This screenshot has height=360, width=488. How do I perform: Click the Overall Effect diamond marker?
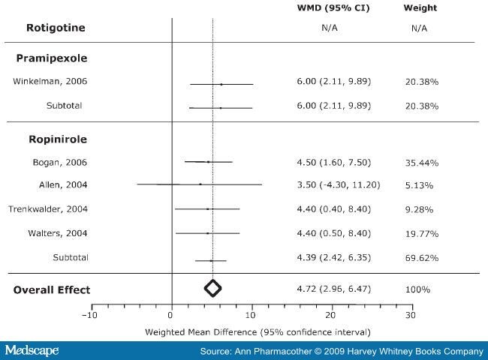click(212, 287)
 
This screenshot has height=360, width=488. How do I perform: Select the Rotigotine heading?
click(56, 28)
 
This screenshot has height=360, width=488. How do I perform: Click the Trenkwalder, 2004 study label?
click(48, 209)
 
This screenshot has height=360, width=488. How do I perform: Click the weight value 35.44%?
click(423, 163)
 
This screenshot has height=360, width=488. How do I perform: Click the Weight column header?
click(420, 8)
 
